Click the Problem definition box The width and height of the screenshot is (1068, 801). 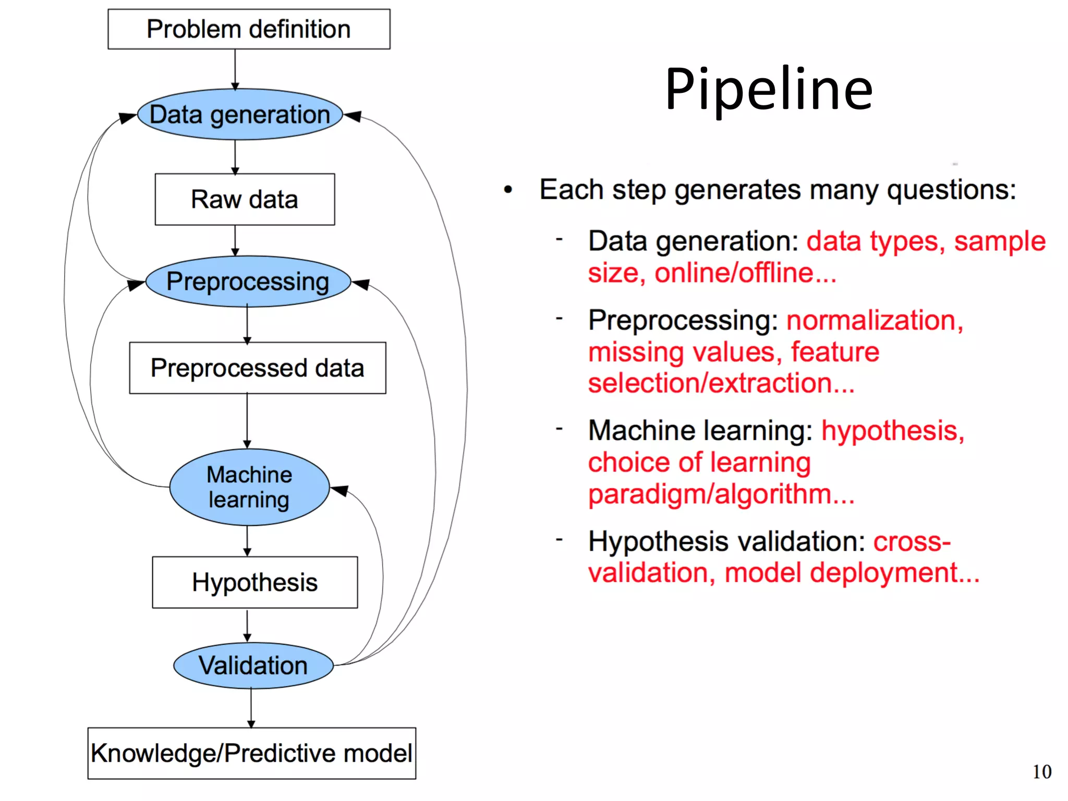click(x=249, y=29)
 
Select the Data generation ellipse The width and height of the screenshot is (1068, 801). click(x=240, y=115)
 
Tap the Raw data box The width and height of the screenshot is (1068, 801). click(x=245, y=200)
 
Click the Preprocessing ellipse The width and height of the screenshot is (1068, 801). click(x=248, y=282)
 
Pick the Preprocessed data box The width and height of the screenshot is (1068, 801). click(x=257, y=368)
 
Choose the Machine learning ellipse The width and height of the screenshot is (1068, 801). click(x=249, y=487)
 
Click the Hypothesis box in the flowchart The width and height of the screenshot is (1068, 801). click(x=254, y=582)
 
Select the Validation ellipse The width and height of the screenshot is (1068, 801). click(x=253, y=666)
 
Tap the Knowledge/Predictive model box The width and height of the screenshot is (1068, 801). click(x=251, y=754)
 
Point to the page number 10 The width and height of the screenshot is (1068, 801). click(x=1041, y=772)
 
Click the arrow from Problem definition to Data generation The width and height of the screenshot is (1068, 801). click(x=235, y=69)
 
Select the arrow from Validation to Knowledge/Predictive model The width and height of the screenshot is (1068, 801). click(x=251, y=708)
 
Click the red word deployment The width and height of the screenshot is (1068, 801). click(x=894, y=573)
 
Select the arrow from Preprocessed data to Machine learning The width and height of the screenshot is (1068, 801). click(x=247, y=420)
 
